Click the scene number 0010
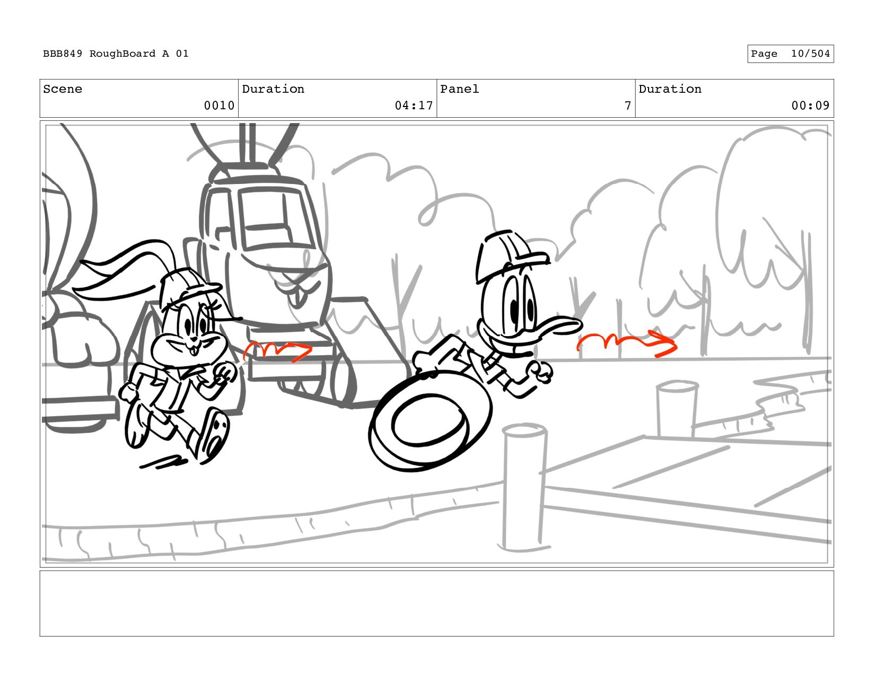point(219,106)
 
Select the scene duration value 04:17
point(414,106)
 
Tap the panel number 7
point(628,106)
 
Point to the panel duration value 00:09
point(810,106)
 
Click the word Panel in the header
point(459,89)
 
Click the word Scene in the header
point(63,89)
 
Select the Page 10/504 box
point(791,54)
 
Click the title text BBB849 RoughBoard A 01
point(116,54)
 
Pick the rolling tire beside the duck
point(430,421)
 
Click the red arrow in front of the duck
point(627,343)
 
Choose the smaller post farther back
point(677,409)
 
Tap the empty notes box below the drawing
point(436,603)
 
